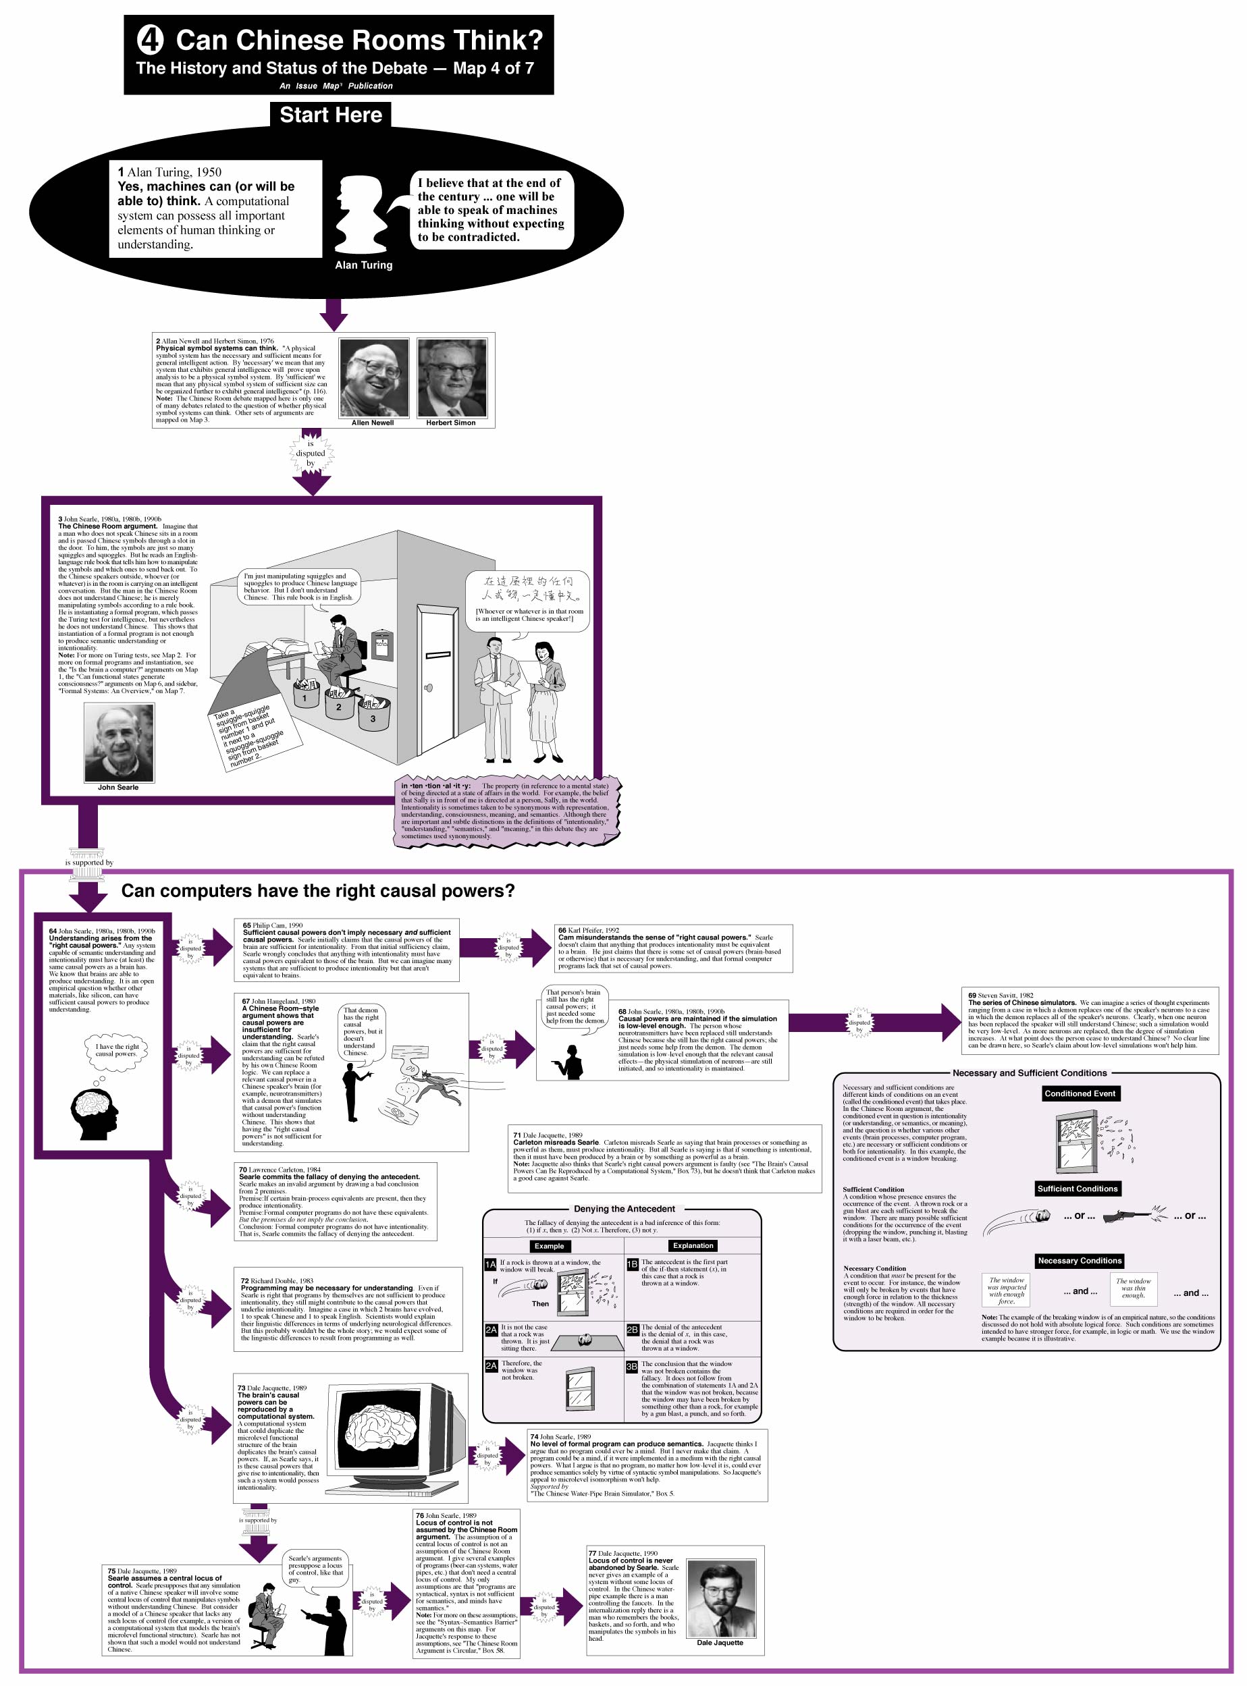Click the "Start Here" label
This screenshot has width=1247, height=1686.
[x=331, y=115]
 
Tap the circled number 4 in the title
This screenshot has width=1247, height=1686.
[x=150, y=40]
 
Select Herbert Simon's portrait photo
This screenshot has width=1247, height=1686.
[x=452, y=377]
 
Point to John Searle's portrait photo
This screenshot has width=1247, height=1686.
[x=120, y=742]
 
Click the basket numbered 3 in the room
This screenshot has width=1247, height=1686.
[x=373, y=713]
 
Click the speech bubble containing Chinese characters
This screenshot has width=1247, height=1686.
[x=528, y=600]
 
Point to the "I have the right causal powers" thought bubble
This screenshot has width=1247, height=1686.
[x=117, y=1049]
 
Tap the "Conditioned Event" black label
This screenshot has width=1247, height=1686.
[x=1080, y=1093]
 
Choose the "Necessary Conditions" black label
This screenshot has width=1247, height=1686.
[x=1080, y=1260]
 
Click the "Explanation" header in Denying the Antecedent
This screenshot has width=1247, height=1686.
[x=692, y=1245]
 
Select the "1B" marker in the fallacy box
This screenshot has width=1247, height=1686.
[x=632, y=1263]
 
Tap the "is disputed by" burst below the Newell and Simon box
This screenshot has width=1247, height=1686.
[x=311, y=454]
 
